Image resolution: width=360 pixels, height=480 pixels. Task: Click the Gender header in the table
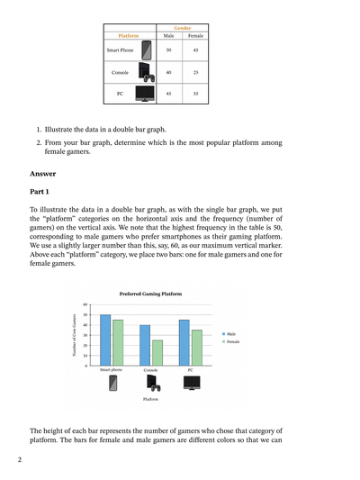[182, 29]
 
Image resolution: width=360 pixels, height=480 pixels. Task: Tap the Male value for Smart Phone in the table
[168, 50]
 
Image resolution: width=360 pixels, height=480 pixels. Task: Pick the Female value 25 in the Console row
[195, 71]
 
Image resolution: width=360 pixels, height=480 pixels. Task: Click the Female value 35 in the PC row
[195, 93]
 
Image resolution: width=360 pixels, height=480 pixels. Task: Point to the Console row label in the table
[120, 71]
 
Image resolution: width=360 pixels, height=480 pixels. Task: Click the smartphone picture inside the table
[146, 50]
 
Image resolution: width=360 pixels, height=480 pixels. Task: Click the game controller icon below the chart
[154, 384]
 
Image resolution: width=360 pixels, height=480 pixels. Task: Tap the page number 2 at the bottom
[19, 461]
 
